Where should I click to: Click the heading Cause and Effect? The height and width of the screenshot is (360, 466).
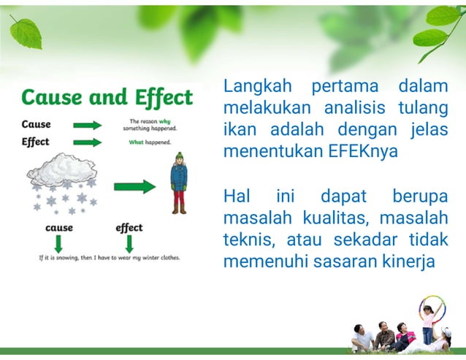tap(107, 98)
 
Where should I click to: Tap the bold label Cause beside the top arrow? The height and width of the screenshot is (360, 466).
tap(37, 124)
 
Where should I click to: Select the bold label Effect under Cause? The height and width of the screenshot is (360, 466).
tap(36, 142)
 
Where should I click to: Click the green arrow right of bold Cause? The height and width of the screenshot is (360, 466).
tap(88, 125)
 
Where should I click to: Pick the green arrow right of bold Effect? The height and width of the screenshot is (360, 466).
tap(88, 142)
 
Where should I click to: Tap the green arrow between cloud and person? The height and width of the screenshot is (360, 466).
tap(134, 186)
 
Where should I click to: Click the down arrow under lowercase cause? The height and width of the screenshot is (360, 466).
tap(59, 243)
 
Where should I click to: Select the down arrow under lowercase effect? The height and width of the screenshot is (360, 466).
tap(129, 243)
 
